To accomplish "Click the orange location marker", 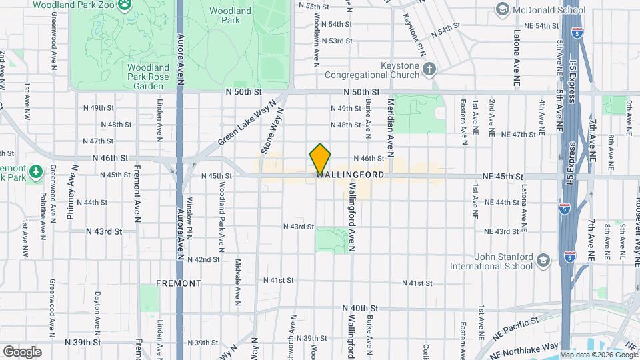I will [x=320, y=159].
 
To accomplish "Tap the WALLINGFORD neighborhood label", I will [x=350, y=175].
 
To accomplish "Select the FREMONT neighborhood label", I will [x=178, y=283].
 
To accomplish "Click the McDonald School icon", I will [x=501, y=9].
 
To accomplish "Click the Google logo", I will [x=22, y=351].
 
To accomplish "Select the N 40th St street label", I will [x=360, y=309].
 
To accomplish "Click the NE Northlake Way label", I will [x=531, y=346].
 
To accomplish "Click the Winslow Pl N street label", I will [x=190, y=221].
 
